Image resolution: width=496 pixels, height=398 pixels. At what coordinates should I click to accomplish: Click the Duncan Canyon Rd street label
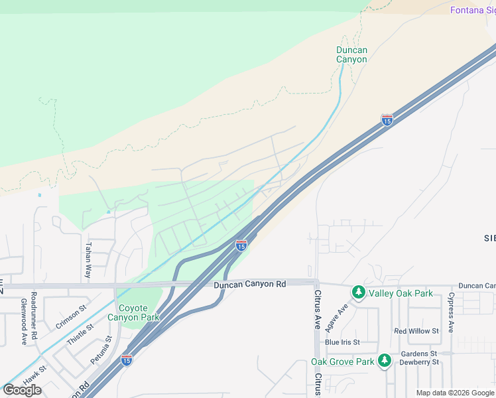tap(249, 284)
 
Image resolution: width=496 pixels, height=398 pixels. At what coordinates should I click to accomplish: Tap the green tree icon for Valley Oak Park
tap(359, 293)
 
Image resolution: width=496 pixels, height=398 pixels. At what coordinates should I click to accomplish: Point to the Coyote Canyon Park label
tap(139, 312)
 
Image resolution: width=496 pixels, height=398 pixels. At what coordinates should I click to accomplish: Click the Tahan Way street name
tap(88, 259)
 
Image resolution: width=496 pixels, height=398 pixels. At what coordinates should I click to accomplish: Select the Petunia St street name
tap(99, 353)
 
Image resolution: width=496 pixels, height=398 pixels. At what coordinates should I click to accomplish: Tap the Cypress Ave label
tap(451, 312)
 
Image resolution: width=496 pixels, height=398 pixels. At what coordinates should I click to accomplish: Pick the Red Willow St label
tap(416, 330)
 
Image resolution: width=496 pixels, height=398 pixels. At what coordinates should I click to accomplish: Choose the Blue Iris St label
tap(342, 342)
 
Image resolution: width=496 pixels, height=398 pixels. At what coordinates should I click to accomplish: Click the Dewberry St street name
tap(419, 362)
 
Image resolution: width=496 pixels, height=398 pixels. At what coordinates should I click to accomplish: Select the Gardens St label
tap(418, 354)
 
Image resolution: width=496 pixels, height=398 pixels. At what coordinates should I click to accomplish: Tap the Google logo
tap(22, 389)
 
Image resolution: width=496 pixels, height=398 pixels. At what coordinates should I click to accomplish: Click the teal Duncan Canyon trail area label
tap(351, 54)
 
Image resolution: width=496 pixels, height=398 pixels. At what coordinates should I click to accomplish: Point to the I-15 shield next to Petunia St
tap(126, 360)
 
